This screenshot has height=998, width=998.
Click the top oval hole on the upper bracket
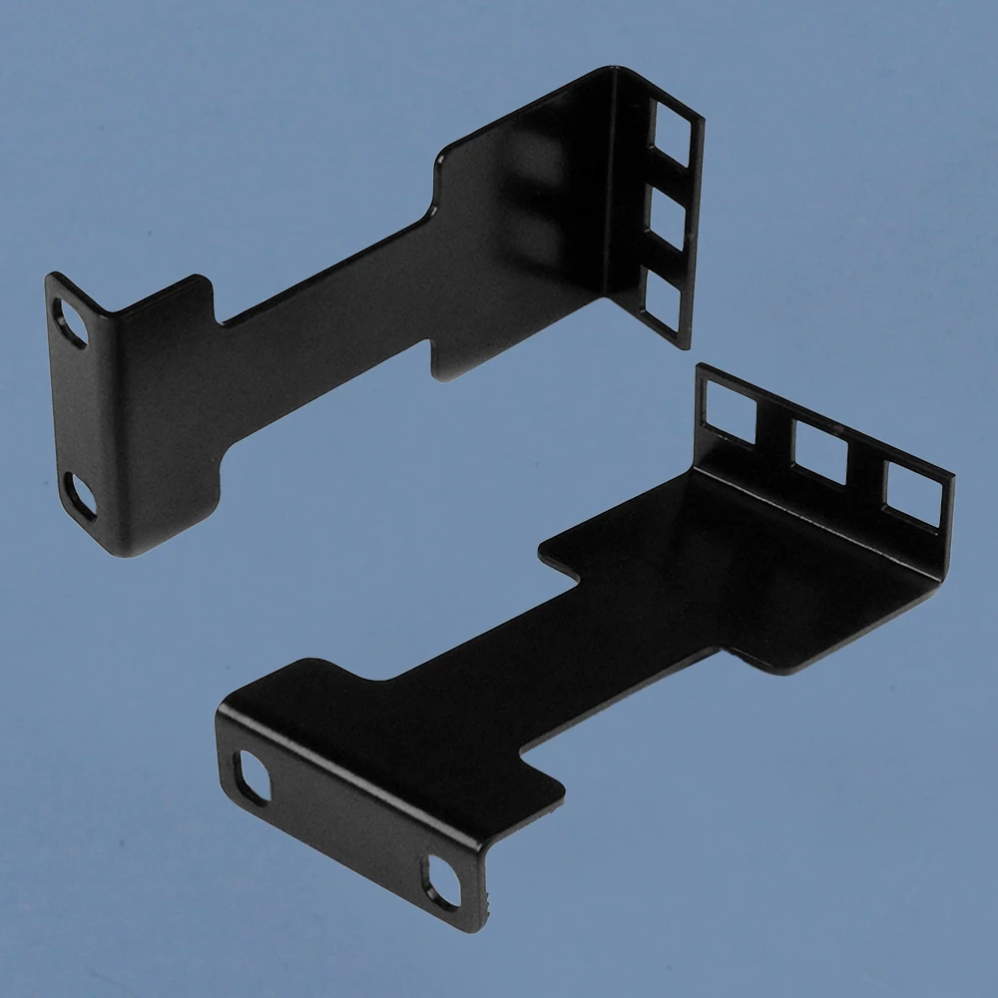tap(73, 323)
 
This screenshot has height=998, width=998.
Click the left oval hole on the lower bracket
tap(251, 776)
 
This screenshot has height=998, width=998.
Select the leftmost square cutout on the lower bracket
tap(731, 408)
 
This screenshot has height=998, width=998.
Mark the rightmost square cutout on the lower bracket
tap(910, 497)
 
